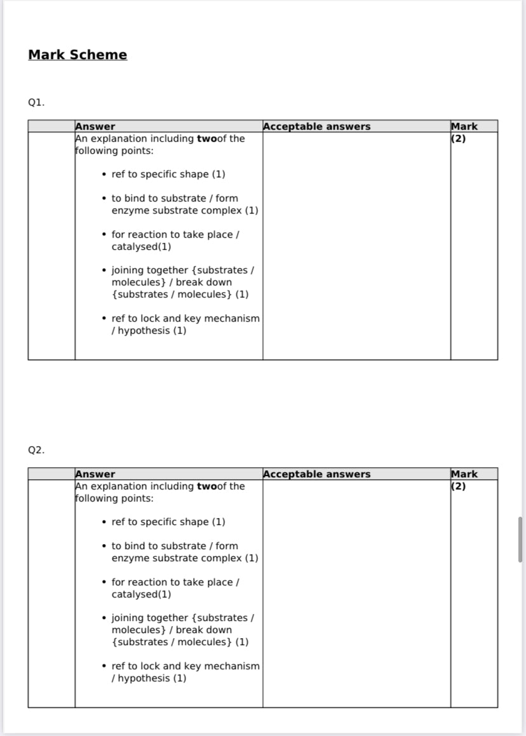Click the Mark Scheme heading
78,55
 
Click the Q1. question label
36,102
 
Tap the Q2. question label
36,449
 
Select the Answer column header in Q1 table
95,126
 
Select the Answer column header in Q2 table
95,474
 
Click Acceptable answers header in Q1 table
316,126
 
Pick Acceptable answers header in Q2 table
316,474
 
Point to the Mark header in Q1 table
464,126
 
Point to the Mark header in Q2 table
464,474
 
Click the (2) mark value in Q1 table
458,139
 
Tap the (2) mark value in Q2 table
458,486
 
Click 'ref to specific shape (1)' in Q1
168,174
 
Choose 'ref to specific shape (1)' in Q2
168,522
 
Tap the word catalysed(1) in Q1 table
141,247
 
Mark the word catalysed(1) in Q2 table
141,594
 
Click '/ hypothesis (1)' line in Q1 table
149,331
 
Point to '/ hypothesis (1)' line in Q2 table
149,678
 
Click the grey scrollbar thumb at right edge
520,539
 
